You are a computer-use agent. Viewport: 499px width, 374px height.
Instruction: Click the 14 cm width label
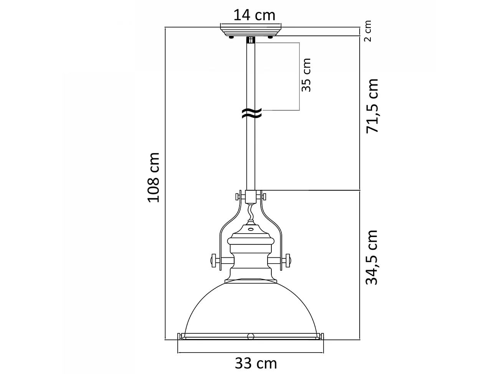tap(254, 15)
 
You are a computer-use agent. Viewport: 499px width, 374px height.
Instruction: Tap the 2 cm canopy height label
tap(368, 31)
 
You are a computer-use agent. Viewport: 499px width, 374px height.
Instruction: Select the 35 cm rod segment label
tap(306, 75)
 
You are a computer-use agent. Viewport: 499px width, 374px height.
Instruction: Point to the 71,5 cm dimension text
tap(372, 106)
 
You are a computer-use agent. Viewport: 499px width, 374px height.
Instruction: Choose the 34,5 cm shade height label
tap(372, 257)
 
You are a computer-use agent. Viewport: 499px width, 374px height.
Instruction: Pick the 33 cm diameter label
tap(255, 362)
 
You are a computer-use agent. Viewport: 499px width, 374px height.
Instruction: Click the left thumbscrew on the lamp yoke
tap(215, 261)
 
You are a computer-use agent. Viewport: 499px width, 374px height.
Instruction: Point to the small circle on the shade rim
tap(251, 336)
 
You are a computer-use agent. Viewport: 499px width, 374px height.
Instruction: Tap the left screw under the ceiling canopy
tap(231, 37)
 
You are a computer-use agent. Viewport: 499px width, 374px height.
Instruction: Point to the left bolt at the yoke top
tap(238, 197)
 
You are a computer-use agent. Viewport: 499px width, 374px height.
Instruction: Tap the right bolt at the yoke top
tap(264, 196)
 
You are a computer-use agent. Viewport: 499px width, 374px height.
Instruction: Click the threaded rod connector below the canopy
tap(251, 40)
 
